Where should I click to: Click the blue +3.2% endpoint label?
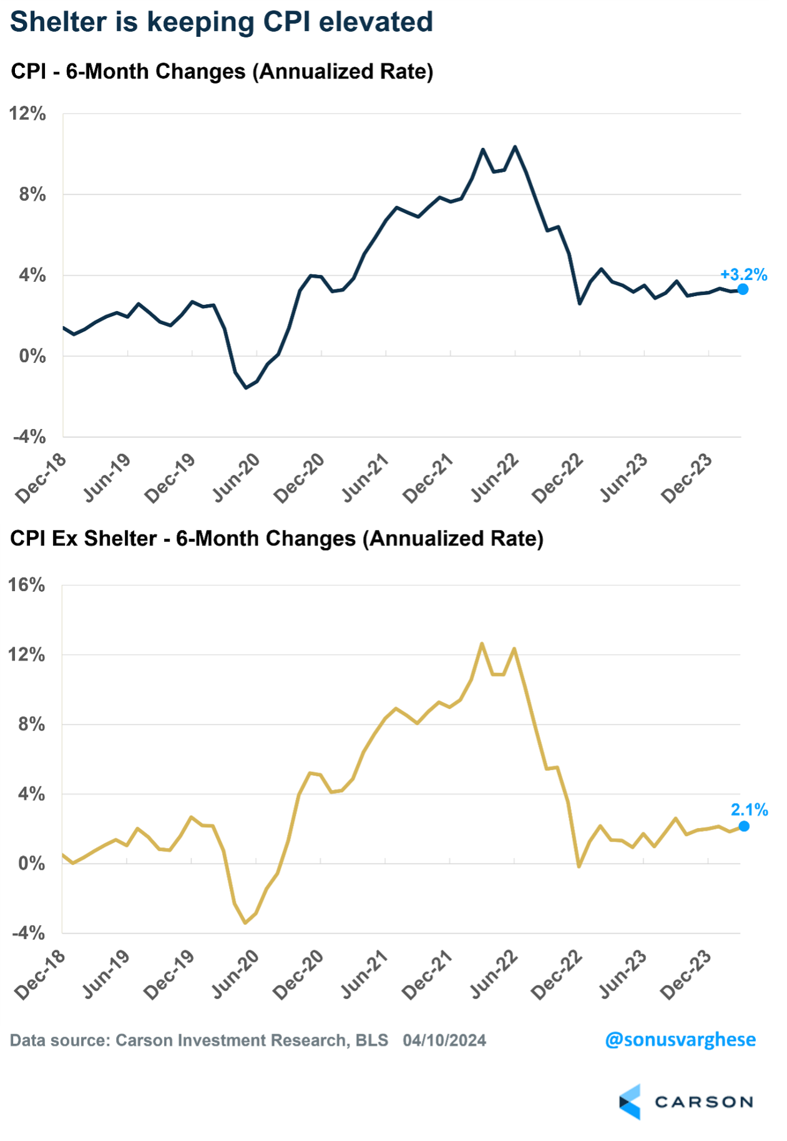point(743,275)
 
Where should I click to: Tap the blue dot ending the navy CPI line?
point(743,289)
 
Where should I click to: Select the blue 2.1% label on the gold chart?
point(749,810)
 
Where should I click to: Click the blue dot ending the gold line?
point(744,826)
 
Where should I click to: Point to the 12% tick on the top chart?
point(28,114)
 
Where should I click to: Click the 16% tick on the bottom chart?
point(27,585)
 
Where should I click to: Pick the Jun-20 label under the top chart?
point(237,478)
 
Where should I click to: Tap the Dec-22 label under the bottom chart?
point(557,975)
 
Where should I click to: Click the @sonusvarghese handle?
point(680,1039)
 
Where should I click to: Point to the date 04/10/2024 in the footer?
point(444,1041)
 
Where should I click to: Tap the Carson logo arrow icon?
point(630,1102)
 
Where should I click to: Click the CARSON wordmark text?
point(704,1102)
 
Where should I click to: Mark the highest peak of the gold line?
point(482,643)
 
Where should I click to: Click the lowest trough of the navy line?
point(246,388)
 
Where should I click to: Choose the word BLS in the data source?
point(372,1041)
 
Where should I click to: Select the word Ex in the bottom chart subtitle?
point(65,539)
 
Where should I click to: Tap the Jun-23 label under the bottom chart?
point(622,975)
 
